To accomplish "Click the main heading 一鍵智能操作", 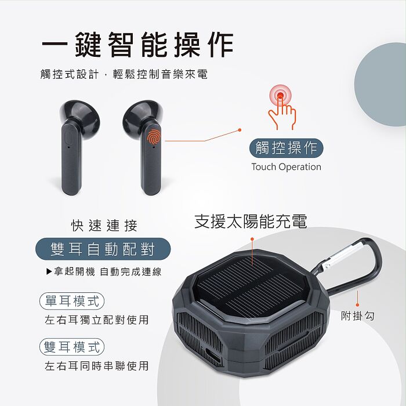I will (138, 45).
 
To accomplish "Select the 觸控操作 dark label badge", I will (286, 148).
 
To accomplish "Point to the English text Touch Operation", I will (286, 167).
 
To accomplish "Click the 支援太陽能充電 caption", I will (251, 221).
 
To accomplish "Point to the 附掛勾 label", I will (357, 316).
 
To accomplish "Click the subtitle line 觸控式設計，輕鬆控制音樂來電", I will (124, 75).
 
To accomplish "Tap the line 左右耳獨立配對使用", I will (97, 320).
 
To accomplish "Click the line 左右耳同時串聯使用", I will (97, 366).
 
